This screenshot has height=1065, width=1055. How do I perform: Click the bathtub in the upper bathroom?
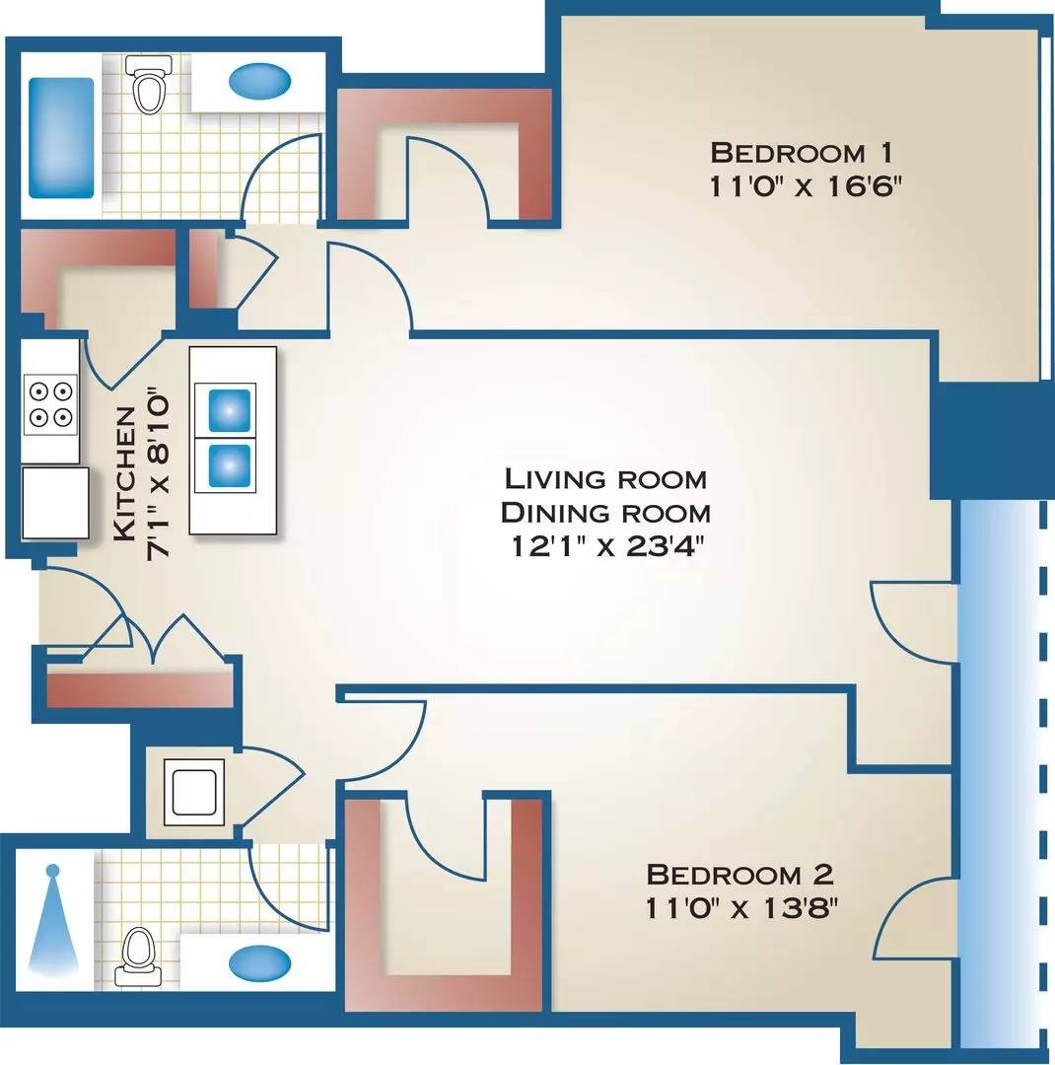[61, 138]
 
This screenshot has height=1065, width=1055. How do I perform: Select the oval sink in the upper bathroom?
[260, 81]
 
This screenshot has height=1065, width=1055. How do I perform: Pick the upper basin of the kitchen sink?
[229, 410]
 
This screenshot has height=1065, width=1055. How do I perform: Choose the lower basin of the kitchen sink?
[229, 465]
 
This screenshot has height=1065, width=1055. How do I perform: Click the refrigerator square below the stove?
[55, 502]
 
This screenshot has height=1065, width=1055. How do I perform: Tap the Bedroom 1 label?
[801, 153]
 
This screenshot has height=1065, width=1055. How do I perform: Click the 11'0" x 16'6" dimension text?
[805, 186]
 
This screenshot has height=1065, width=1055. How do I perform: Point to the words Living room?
[605, 479]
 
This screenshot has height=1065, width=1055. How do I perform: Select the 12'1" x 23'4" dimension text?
[605, 546]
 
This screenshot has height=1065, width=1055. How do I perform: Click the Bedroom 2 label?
[739, 874]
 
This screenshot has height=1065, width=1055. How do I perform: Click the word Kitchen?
[124, 474]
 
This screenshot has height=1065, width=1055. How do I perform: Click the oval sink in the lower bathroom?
[260, 962]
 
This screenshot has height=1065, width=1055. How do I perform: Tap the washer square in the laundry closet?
[194, 791]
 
